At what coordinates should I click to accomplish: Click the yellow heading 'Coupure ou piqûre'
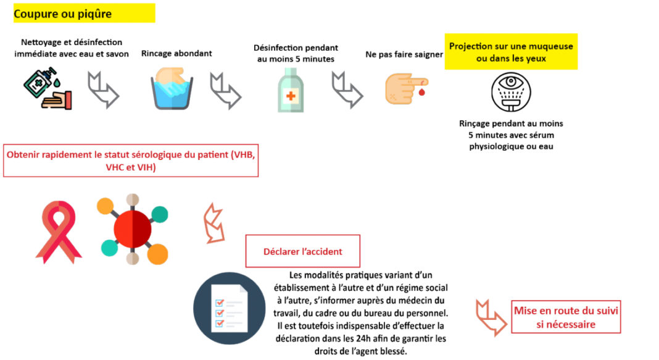[x=84, y=13]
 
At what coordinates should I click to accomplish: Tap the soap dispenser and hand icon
[x=48, y=88]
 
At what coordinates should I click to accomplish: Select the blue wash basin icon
[x=172, y=89]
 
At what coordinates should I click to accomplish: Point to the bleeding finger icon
[x=407, y=89]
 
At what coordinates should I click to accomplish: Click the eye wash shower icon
[x=511, y=92]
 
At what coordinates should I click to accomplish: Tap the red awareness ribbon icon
[x=59, y=232]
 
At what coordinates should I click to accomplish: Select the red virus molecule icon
[x=133, y=229]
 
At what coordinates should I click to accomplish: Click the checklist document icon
[x=230, y=308]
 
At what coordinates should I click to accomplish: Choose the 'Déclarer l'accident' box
[x=303, y=251]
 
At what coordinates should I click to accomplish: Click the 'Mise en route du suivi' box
[x=566, y=317]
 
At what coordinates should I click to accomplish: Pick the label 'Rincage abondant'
[x=176, y=53]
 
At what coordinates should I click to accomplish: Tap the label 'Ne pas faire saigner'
[x=404, y=54]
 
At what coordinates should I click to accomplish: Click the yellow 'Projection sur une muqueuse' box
[x=511, y=52]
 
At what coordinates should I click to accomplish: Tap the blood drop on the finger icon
[x=421, y=91]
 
